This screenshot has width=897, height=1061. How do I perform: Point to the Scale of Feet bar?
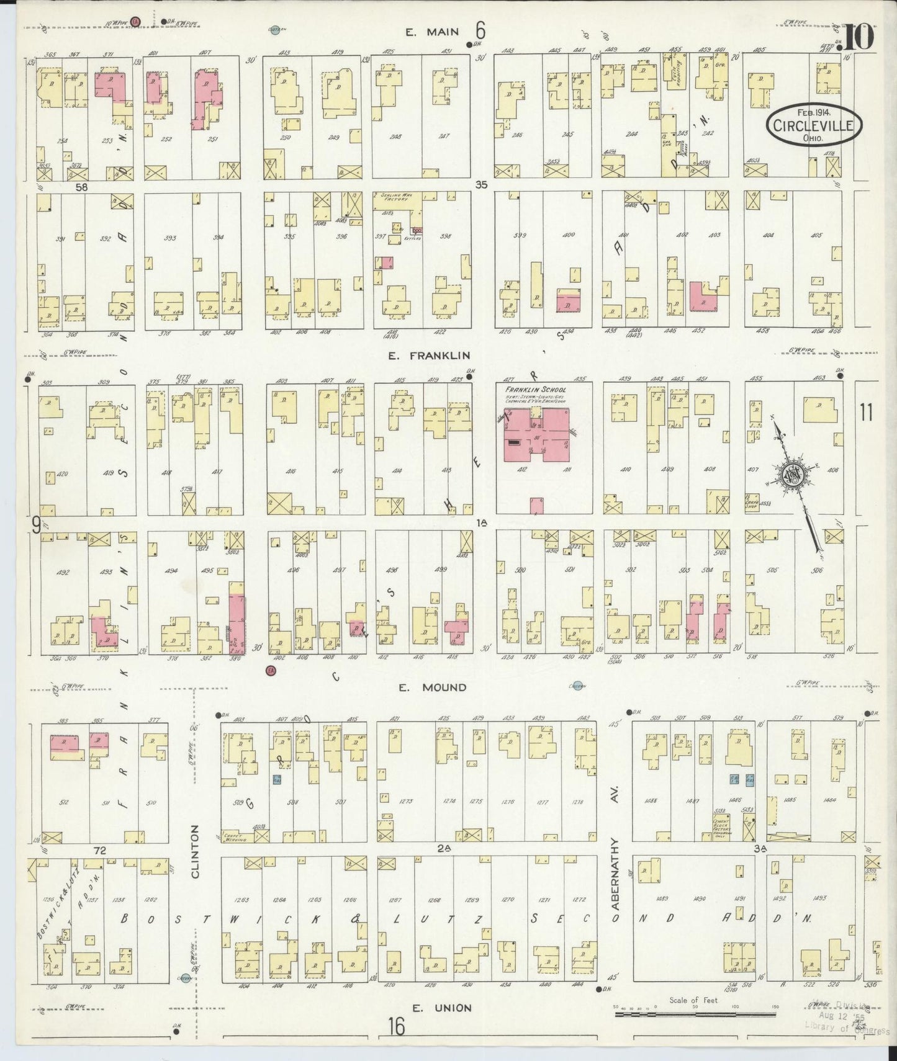coord(694,1014)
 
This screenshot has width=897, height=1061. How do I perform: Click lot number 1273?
coord(407,801)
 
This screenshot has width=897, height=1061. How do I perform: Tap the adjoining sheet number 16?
coord(396,1027)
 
